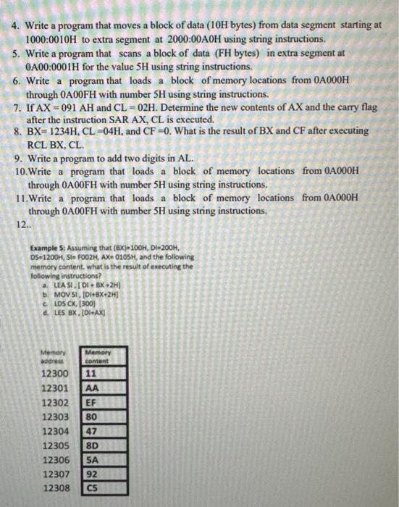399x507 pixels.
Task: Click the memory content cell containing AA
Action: [92, 388]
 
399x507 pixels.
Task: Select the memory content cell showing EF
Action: [92, 402]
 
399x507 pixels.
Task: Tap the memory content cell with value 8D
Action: [92, 445]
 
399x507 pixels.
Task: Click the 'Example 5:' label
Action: [51, 246]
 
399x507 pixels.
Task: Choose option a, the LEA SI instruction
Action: [91, 284]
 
